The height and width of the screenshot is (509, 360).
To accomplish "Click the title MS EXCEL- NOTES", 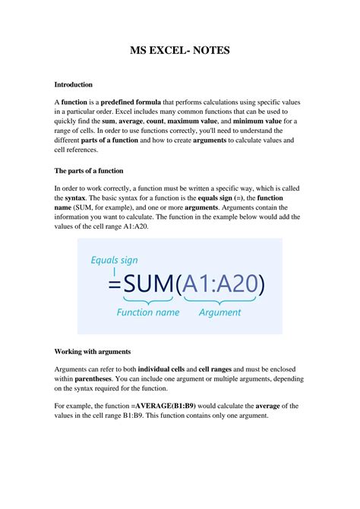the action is (179, 51).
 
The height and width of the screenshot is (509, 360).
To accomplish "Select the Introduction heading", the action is (74, 84).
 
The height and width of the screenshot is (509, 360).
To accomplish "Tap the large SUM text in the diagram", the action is (148, 286).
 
